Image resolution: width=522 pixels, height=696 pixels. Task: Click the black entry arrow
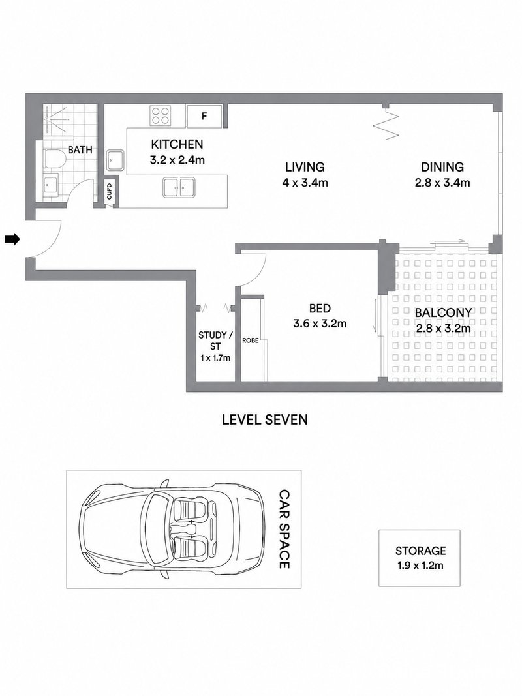(12, 239)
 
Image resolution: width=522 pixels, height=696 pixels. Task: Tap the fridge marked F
(204, 116)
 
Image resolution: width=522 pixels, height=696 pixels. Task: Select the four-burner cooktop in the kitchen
(161, 115)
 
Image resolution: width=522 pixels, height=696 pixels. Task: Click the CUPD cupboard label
(110, 191)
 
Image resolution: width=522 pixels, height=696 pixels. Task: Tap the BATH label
(80, 150)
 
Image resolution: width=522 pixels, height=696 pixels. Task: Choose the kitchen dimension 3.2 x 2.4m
(177, 160)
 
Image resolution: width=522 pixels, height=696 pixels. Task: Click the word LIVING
(305, 167)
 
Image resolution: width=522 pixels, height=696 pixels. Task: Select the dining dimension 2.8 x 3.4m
(442, 183)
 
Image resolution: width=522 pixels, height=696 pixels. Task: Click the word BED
(320, 308)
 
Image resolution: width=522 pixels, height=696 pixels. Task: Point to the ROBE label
(251, 340)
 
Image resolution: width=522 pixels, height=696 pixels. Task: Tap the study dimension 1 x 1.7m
(215, 357)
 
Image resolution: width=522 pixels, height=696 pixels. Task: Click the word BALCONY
(443, 312)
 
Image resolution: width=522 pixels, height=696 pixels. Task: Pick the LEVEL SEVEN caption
(265, 419)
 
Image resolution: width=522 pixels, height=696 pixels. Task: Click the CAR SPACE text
(284, 529)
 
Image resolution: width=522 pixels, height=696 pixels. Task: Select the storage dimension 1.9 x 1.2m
(420, 566)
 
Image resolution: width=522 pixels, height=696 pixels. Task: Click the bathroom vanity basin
(51, 185)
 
